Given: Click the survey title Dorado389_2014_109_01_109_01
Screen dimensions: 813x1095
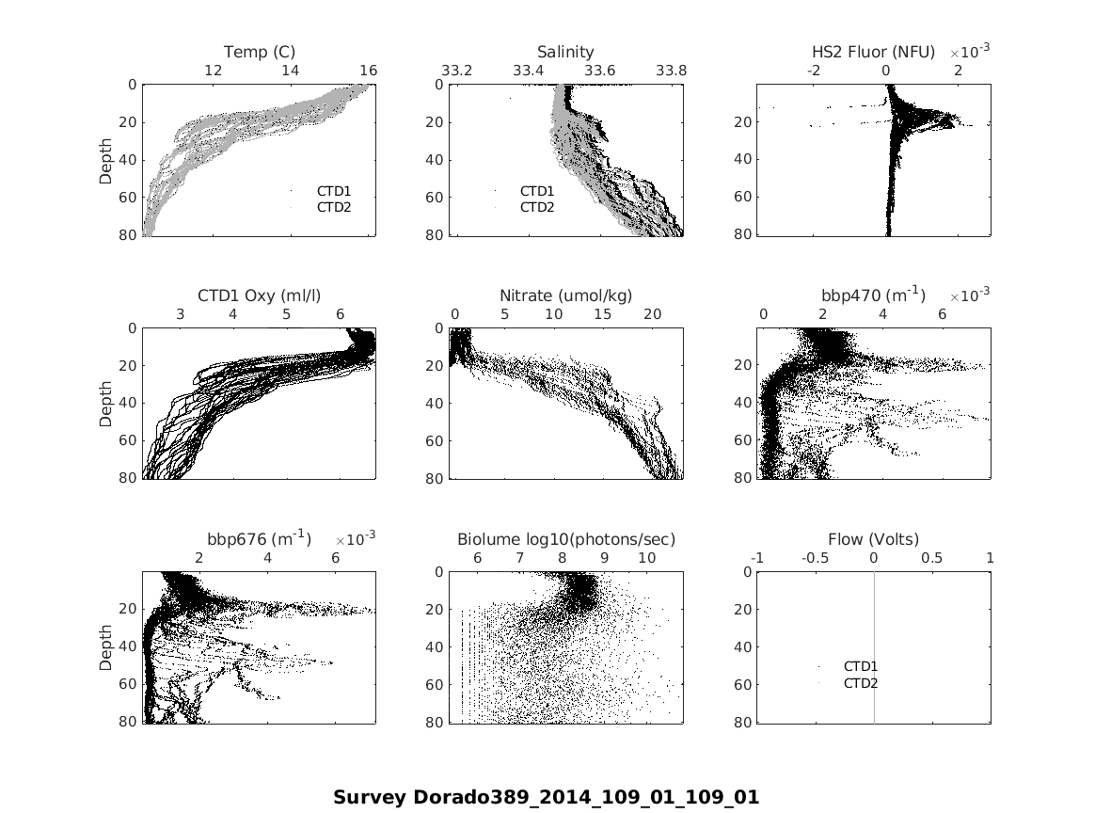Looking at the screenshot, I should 546,798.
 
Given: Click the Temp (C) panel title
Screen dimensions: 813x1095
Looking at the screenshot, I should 260,52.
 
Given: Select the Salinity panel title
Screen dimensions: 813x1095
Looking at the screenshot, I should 565,52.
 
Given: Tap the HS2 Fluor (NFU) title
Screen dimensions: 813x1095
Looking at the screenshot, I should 873,52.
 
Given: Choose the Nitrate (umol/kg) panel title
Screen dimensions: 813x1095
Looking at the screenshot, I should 565,295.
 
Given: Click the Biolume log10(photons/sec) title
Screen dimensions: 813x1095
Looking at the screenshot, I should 566,539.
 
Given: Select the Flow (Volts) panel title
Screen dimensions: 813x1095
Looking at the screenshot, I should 873,539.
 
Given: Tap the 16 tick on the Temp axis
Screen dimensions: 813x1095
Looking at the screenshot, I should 368,71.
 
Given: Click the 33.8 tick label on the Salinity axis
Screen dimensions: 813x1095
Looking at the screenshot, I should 671,71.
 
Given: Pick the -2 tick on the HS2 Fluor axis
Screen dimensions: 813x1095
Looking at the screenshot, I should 814,71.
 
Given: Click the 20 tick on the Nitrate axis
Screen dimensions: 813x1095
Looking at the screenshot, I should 652,314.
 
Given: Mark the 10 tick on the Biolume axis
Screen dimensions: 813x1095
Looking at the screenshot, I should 646,558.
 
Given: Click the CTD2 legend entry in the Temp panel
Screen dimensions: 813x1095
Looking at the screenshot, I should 333,207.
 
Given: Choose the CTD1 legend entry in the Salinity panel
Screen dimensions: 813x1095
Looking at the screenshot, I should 537,191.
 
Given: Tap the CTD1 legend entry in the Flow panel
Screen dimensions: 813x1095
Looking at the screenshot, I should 860,667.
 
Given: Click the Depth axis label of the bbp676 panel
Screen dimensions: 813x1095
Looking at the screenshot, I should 106,647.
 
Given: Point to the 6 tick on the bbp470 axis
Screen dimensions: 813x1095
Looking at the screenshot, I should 943,314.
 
